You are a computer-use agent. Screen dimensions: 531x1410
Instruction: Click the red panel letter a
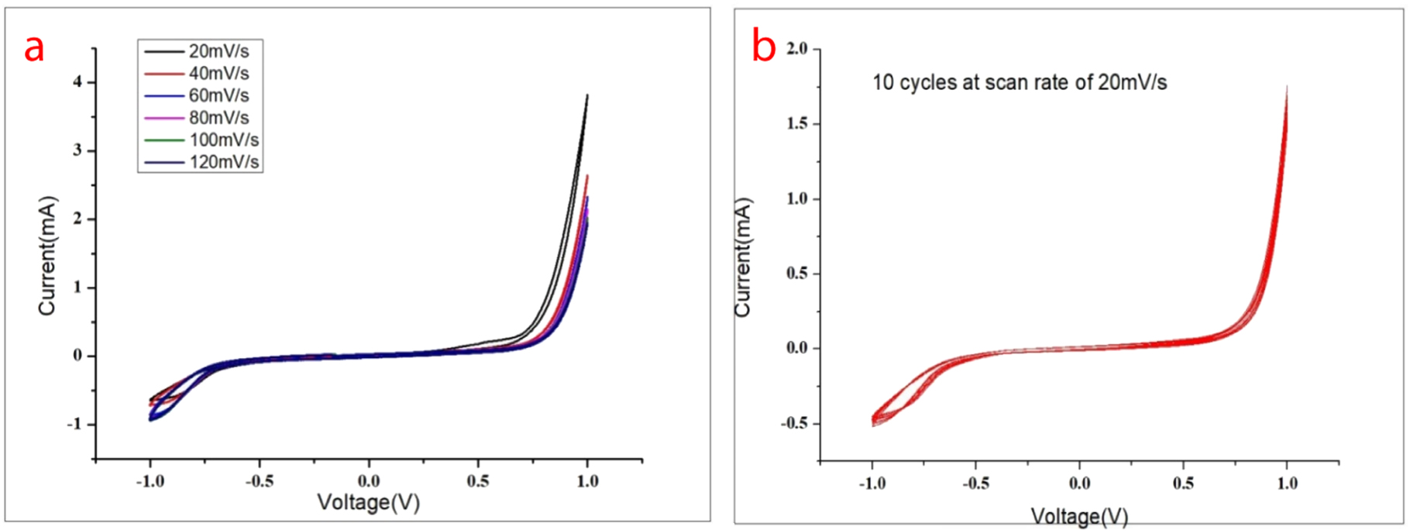[34, 48]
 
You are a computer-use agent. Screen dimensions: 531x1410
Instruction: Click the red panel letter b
[764, 47]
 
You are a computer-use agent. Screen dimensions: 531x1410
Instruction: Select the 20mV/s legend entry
[218, 51]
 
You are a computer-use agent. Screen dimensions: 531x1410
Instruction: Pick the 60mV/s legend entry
[218, 95]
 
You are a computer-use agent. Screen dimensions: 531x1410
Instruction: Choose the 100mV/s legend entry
[223, 140]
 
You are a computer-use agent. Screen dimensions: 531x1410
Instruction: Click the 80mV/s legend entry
[218, 118]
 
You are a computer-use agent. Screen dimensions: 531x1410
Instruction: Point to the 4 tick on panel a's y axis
[77, 82]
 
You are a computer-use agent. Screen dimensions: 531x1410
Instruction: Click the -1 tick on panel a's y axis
[74, 425]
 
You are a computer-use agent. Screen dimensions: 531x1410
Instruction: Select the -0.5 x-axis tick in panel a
[259, 481]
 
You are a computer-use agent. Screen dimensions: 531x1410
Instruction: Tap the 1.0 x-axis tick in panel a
[587, 481]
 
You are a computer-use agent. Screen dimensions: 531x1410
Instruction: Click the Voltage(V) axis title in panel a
[369, 503]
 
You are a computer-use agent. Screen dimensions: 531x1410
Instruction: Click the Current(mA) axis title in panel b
[743, 257]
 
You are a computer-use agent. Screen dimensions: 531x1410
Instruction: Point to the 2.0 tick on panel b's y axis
[796, 49]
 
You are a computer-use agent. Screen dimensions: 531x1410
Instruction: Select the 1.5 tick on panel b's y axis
[796, 124]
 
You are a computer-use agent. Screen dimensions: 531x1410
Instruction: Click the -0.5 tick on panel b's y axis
[794, 423]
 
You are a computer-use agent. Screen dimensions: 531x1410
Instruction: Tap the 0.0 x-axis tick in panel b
[1079, 484]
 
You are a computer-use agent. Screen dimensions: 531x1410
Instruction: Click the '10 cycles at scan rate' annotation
[1020, 82]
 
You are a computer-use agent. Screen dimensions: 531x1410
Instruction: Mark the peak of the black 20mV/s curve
[587, 95]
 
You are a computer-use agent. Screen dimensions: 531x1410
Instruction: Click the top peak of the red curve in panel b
[1287, 88]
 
